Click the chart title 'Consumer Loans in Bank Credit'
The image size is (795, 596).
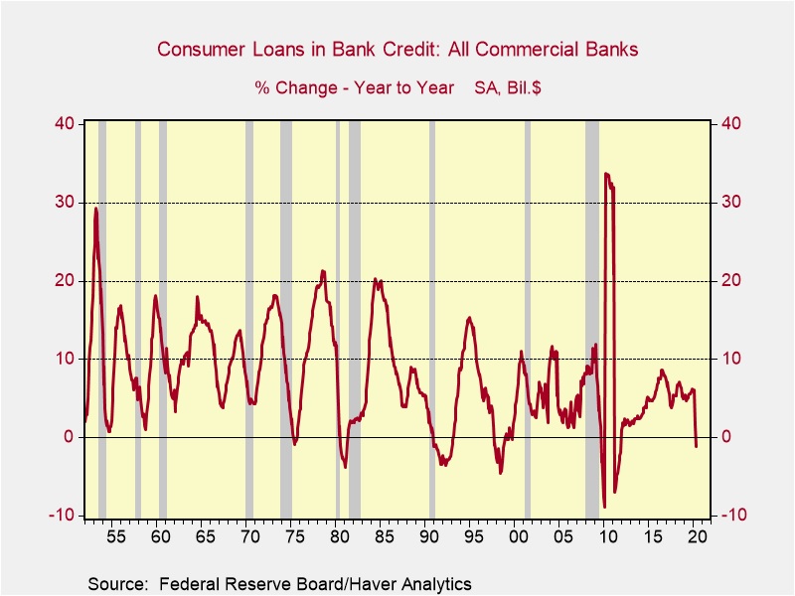[x=397, y=49]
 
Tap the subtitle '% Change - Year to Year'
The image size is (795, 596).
[x=355, y=87]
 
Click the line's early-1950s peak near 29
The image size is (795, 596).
[x=96, y=209]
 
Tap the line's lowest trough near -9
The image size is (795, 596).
[x=604, y=507]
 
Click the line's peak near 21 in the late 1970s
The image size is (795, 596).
[x=323, y=271]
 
